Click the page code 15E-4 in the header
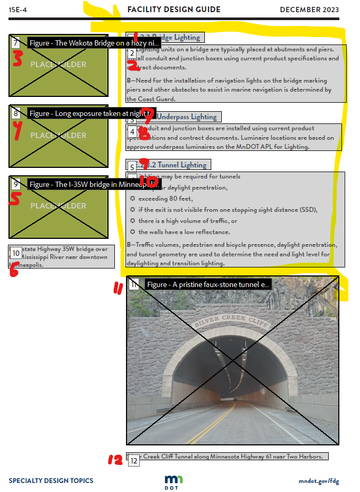(18, 10)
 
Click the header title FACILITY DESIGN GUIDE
(174, 10)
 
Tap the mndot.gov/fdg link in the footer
(318, 481)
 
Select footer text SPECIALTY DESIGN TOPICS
(51, 481)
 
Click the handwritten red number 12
(115, 460)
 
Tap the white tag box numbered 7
(16, 42)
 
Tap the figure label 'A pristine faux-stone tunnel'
(208, 284)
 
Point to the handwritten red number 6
(14, 270)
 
